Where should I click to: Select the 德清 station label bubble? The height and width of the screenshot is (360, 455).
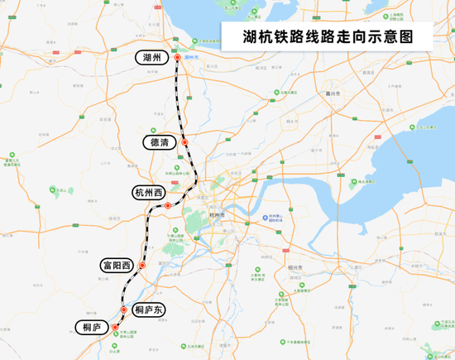click(x=158, y=143)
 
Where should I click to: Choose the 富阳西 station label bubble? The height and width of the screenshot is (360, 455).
click(x=117, y=265)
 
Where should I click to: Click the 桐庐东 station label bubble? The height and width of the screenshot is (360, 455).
click(x=150, y=310)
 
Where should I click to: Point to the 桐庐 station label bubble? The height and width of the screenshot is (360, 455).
click(x=91, y=328)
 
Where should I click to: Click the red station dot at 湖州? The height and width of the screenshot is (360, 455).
click(x=176, y=58)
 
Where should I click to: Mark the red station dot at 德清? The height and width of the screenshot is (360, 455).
click(x=185, y=143)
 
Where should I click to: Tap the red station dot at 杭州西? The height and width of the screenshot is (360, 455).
click(x=168, y=204)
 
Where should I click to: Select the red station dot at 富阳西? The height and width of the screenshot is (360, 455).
click(x=141, y=266)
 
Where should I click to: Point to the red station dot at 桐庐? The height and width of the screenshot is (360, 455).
click(x=115, y=328)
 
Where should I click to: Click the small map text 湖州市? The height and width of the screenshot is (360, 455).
click(x=195, y=57)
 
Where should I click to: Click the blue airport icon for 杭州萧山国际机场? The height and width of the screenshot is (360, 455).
click(x=265, y=217)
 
